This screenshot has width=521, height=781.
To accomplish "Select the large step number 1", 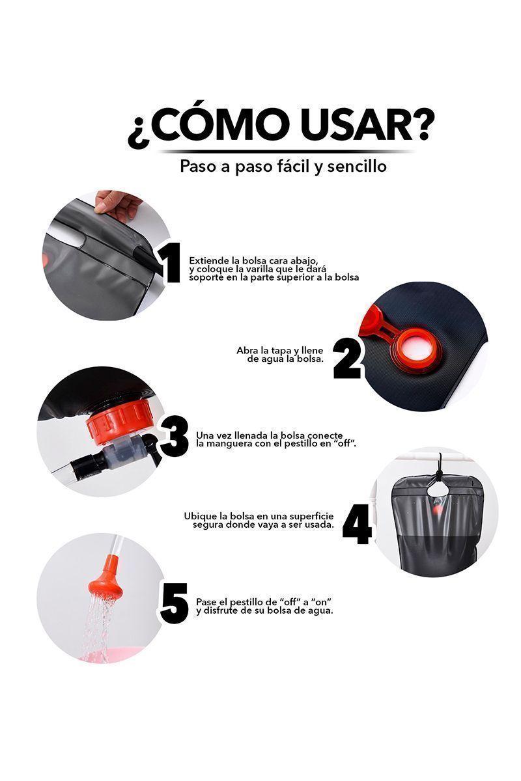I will click(171, 264).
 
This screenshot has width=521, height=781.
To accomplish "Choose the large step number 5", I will click(175, 603).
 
